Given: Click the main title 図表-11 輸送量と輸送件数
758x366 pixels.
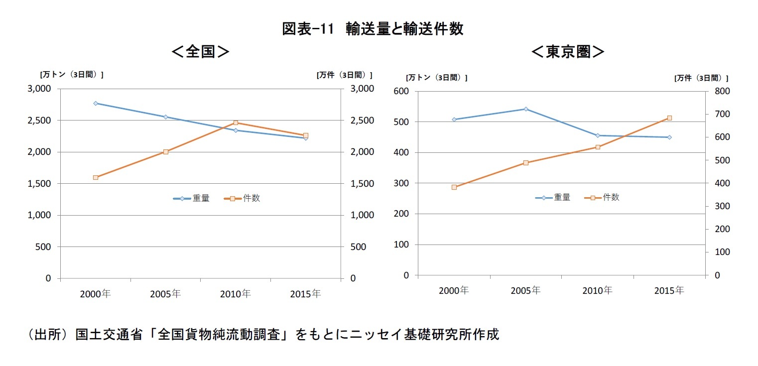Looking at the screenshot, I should point(373,29).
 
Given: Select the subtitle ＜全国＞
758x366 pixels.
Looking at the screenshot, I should point(200,52).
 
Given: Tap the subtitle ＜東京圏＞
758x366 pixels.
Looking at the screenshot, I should point(568,52).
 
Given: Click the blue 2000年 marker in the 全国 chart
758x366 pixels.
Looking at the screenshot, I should point(96,103).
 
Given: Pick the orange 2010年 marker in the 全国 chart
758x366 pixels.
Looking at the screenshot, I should point(236,122).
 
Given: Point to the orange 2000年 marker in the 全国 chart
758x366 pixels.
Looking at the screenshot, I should point(96,177).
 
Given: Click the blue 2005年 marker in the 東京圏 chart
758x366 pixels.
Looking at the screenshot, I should point(526,109).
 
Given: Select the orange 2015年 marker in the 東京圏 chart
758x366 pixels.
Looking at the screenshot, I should point(669,118).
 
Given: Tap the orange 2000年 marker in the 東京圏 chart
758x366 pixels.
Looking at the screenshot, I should point(454,187).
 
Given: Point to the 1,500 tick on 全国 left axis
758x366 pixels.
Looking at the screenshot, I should point(39,184).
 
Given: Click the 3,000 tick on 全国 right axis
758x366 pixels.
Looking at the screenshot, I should point(362,89).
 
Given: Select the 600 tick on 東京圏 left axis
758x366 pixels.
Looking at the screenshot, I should point(400,91).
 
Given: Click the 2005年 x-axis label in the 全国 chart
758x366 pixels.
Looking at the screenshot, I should point(165,294).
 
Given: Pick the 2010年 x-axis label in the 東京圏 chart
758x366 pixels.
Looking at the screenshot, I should point(597,290).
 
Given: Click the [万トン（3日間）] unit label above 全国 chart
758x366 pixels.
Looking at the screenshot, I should point(72,75).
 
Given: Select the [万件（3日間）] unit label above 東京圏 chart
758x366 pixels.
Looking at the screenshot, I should point(701,78).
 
